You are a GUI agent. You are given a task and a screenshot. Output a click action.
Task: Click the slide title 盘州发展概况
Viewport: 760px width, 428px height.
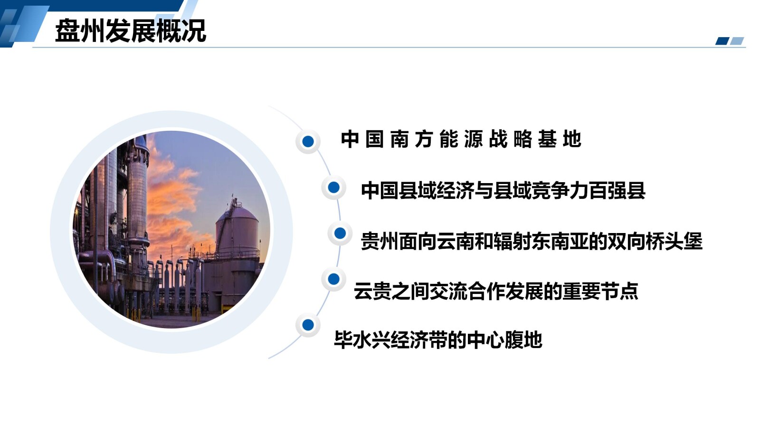coord(131,31)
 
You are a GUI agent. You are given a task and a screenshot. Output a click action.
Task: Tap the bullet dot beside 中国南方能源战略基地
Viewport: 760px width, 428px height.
coord(308,141)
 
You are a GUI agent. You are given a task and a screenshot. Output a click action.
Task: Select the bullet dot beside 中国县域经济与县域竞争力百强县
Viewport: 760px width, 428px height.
coord(333,187)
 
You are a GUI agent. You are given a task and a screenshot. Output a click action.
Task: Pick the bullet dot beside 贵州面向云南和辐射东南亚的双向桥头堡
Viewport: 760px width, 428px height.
coord(340,233)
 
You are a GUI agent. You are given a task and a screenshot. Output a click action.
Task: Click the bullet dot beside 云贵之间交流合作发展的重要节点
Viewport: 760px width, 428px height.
coord(333,279)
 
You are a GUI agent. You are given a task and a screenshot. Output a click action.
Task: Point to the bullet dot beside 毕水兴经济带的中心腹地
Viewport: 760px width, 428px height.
coord(308,325)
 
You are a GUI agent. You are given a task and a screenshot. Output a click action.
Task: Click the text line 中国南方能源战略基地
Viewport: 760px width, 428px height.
coord(461,139)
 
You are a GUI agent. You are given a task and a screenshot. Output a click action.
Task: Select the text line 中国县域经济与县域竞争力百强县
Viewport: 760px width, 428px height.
coord(503,190)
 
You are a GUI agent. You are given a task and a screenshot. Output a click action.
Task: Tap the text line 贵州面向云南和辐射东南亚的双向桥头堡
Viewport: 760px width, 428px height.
coord(531,241)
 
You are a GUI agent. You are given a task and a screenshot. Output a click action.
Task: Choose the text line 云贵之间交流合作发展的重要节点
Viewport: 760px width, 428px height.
coord(495,291)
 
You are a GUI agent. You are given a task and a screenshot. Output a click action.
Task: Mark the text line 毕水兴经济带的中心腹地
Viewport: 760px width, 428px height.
coord(438,340)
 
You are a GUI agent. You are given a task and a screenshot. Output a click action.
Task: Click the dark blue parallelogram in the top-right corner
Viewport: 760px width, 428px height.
coord(722,41)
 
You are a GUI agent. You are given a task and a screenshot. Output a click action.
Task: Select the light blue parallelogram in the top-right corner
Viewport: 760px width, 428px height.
coord(737,41)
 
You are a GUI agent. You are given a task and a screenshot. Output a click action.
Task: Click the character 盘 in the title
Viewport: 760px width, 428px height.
coord(67,31)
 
